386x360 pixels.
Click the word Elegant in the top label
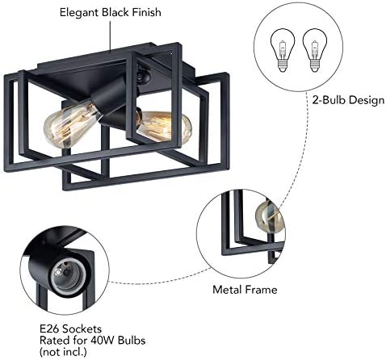(79, 13)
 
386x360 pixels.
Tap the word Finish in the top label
(146, 12)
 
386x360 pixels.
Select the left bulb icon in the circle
(283, 50)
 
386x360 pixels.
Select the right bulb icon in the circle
(314, 50)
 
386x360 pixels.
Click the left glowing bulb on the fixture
(71, 124)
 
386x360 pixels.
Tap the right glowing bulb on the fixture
(165, 128)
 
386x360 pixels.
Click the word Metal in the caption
(227, 290)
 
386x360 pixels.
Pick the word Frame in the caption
(261, 290)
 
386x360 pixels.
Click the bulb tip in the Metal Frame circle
(269, 218)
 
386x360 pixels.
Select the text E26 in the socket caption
(49, 329)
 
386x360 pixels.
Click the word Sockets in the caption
(82, 329)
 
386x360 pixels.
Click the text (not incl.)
(63, 352)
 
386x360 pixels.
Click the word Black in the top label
(115, 12)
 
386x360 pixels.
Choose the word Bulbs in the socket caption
(132, 341)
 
